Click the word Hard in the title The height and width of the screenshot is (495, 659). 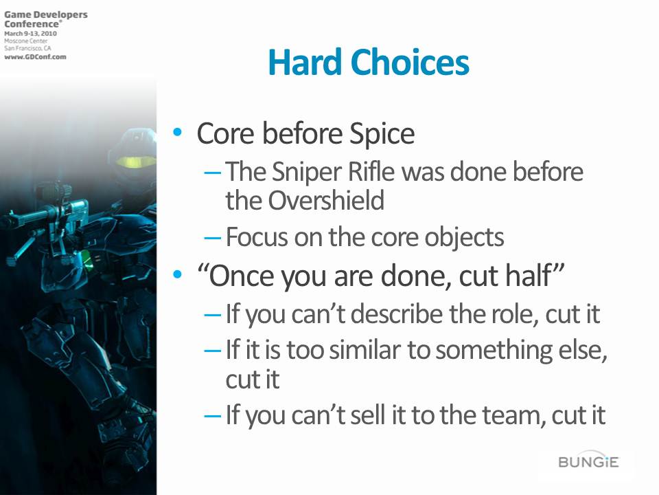tap(305, 63)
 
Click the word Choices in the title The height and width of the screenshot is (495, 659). tap(410, 63)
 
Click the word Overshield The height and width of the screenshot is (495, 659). tap(326, 200)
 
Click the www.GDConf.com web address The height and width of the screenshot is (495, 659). tap(35, 57)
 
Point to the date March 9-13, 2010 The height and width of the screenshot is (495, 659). tap(30, 33)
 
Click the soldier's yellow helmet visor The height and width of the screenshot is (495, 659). tap(135, 161)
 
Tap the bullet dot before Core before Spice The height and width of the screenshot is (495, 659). tap(177, 132)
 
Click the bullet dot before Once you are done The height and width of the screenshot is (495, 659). tap(177, 275)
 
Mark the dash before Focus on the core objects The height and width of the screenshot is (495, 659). tap(212, 238)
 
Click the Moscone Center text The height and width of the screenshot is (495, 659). tap(25, 41)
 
